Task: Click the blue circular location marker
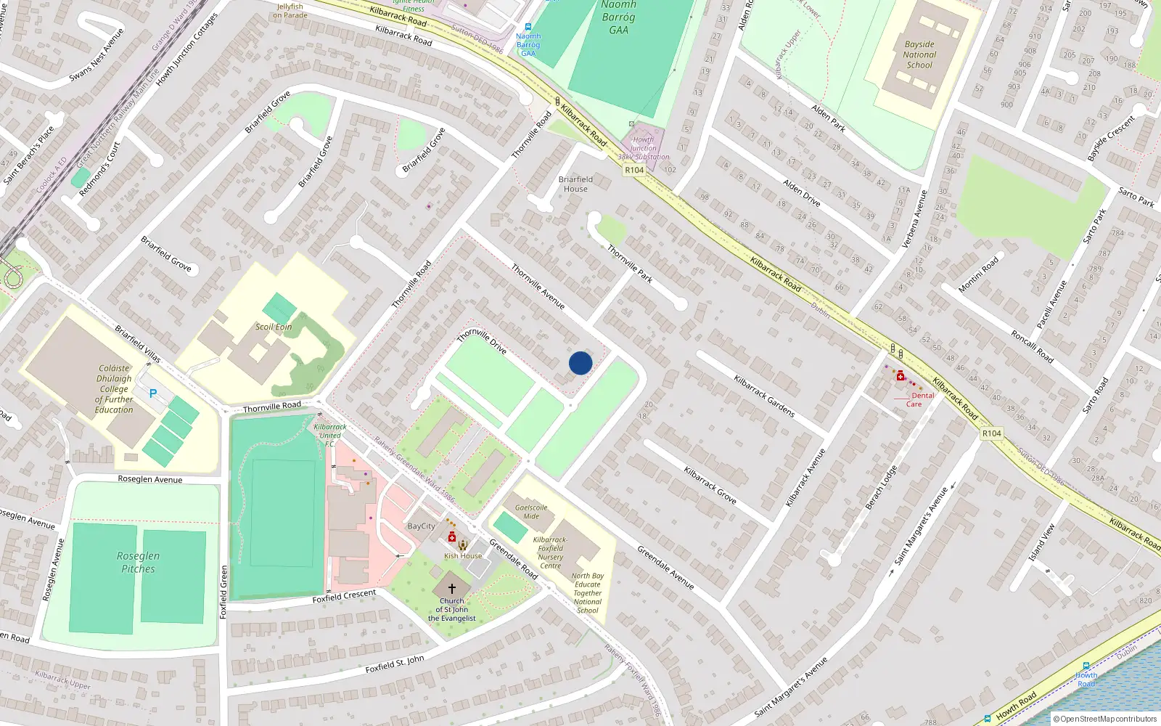click(x=580, y=363)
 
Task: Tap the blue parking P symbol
click(x=152, y=393)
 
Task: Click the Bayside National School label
click(x=919, y=54)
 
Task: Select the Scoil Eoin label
click(x=274, y=327)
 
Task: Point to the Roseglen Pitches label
click(x=138, y=562)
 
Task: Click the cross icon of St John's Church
click(x=451, y=589)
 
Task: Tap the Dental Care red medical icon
click(x=901, y=375)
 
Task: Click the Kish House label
click(x=463, y=556)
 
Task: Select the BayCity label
click(x=422, y=526)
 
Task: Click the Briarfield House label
click(x=575, y=184)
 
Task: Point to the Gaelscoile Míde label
click(x=531, y=512)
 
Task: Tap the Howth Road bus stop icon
click(x=1086, y=666)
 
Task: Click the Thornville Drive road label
click(x=482, y=341)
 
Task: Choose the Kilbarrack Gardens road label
click(x=764, y=396)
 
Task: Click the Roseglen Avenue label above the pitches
click(x=150, y=479)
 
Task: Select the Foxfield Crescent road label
click(x=345, y=596)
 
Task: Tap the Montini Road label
click(x=978, y=274)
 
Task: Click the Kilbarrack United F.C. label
click(x=330, y=436)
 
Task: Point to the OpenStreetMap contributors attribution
click(x=1104, y=719)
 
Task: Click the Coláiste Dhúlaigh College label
click(x=114, y=388)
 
